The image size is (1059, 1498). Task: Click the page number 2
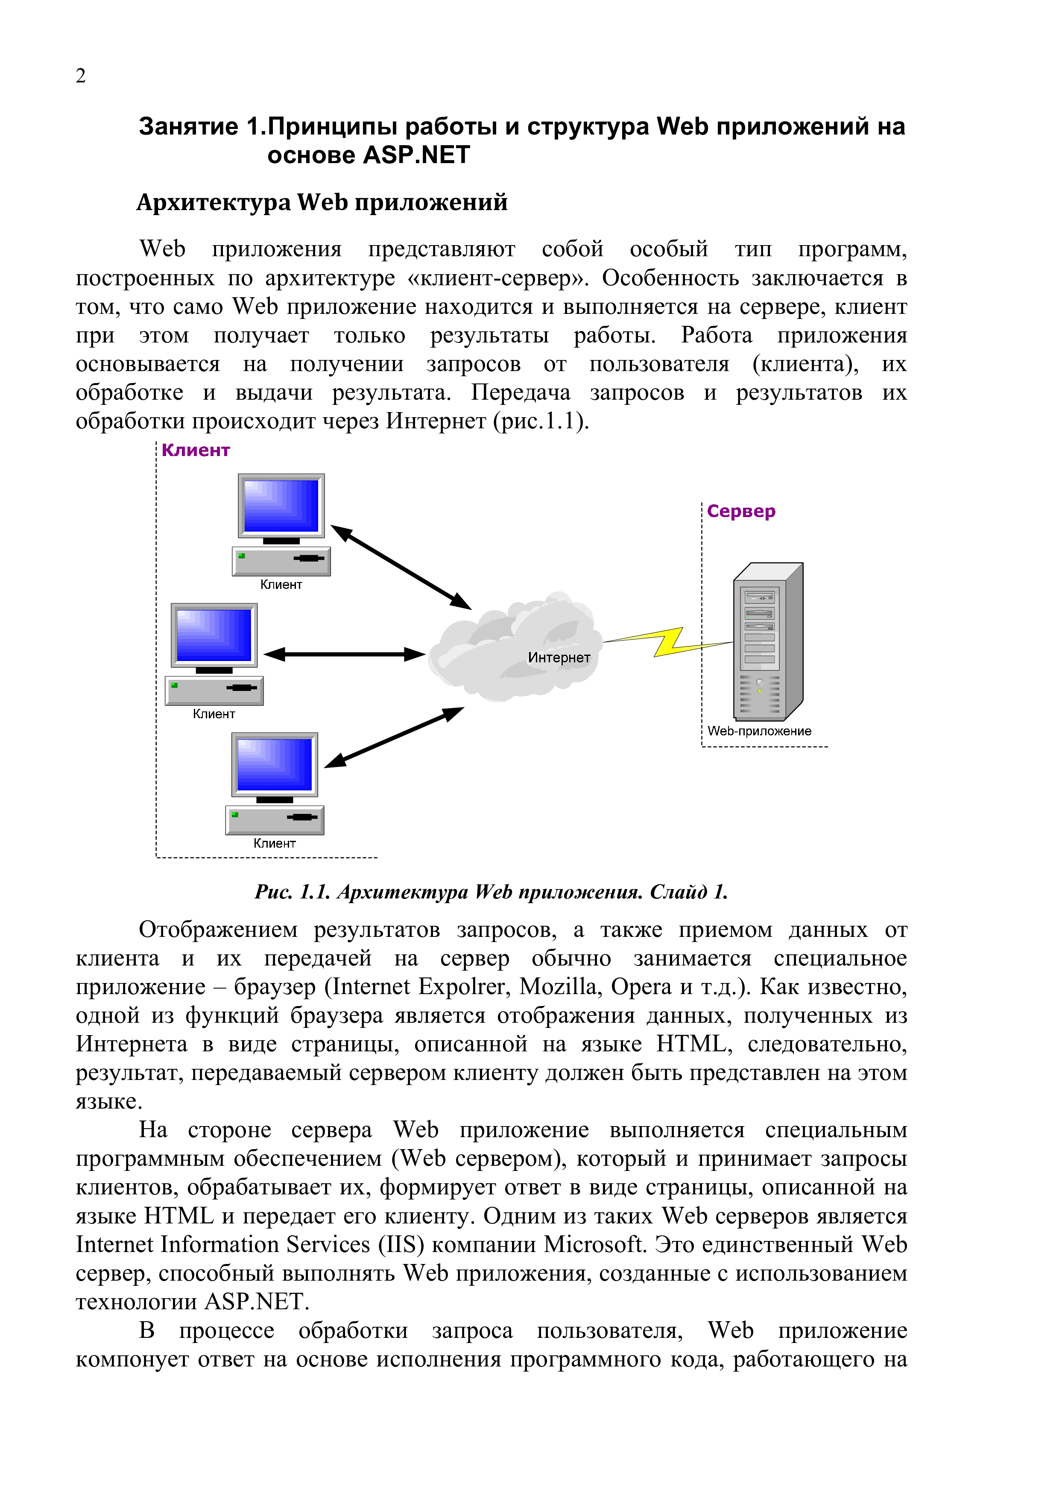(x=80, y=76)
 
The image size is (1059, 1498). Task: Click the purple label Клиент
(x=195, y=450)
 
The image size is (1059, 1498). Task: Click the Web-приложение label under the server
(x=759, y=731)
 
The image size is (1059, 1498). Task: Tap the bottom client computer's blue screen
(x=275, y=764)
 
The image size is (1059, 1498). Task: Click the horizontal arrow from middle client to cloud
(x=345, y=654)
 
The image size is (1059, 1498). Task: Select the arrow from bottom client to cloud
(x=394, y=737)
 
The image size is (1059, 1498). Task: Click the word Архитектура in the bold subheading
(x=214, y=202)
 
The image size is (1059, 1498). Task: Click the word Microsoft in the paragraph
(x=594, y=1244)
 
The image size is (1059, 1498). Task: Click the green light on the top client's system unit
(x=241, y=556)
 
